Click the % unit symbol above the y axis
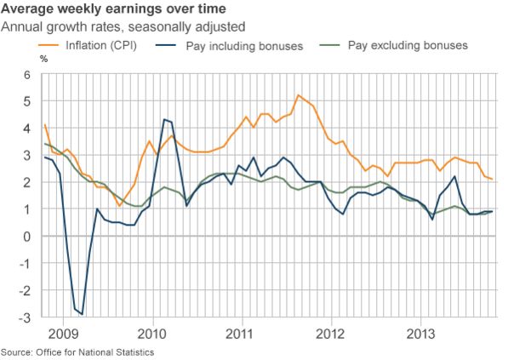click(x=43, y=60)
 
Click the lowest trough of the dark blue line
click(x=82, y=314)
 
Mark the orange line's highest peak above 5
click(x=298, y=95)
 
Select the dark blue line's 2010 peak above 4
click(x=164, y=120)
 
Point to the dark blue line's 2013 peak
click(x=455, y=177)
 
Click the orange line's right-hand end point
click(x=492, y=179)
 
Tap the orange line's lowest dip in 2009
click(x=119, y=206)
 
